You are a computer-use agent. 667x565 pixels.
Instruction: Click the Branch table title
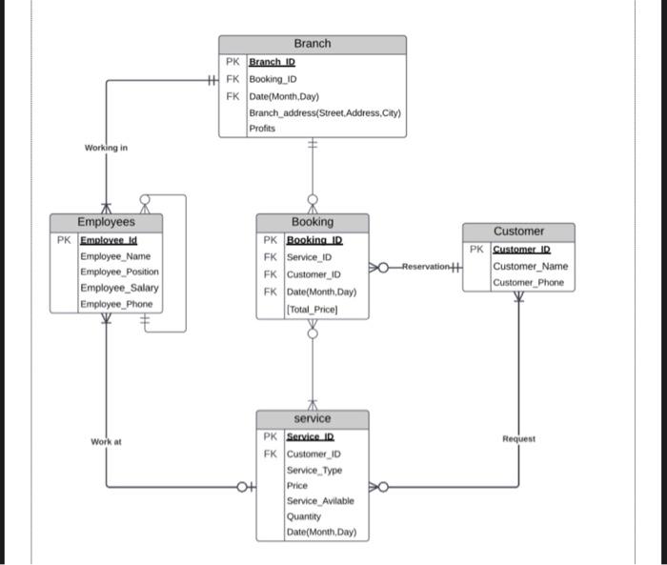pos(312,44)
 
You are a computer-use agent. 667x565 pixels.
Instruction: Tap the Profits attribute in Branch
pos(262,129)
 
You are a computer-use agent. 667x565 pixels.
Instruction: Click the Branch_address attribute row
pos(325,112)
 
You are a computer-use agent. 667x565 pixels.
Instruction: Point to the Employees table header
pos(106,222)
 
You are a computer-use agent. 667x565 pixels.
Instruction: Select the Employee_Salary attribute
pos(119,288)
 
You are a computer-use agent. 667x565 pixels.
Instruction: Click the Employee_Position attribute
pos(119,272)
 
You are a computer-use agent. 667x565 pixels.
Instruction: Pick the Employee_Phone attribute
pos(116,304)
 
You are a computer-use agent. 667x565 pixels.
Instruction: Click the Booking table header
pos(312,222)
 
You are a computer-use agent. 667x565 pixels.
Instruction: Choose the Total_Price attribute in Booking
pos(312,310)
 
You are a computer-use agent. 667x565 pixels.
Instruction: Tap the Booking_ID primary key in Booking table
pos(313,241)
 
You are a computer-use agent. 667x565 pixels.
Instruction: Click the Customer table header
pos(518,232)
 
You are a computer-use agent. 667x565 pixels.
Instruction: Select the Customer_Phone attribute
pos(528,283)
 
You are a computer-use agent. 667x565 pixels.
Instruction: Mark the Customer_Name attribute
pos(530,267)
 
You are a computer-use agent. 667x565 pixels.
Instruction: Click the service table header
pos(312,418)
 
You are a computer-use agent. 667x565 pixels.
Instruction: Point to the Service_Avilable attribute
pos(320,501)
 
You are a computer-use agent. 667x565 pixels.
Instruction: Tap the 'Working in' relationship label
pos(106,148)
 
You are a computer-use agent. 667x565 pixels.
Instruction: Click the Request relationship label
pos(518,439)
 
